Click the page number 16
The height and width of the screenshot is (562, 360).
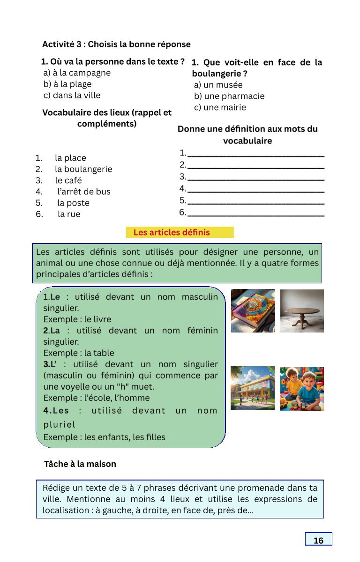coord(318,540)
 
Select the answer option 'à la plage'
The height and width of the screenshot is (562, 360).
coord(67,84)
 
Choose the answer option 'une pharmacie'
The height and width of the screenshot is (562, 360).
coord(229,96)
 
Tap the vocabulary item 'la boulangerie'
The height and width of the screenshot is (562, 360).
coord(83,169)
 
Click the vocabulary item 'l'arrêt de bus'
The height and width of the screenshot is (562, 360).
coord(84,192)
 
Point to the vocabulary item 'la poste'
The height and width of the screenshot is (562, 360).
coord(73,203)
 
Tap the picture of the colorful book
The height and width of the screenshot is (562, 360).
coord(253,311)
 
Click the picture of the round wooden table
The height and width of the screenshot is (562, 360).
coord(302,311)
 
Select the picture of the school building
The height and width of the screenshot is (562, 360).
coord(253,388)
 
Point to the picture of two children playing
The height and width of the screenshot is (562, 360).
coord(302,389)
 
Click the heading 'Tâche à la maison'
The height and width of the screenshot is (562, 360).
coord(80,464)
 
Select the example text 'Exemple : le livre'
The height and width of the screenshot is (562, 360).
coord(77,319)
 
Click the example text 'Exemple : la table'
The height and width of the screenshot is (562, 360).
coord(79,353)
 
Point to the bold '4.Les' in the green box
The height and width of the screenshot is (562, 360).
coord(56,411)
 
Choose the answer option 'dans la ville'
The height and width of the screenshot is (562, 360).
coord(72,96)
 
